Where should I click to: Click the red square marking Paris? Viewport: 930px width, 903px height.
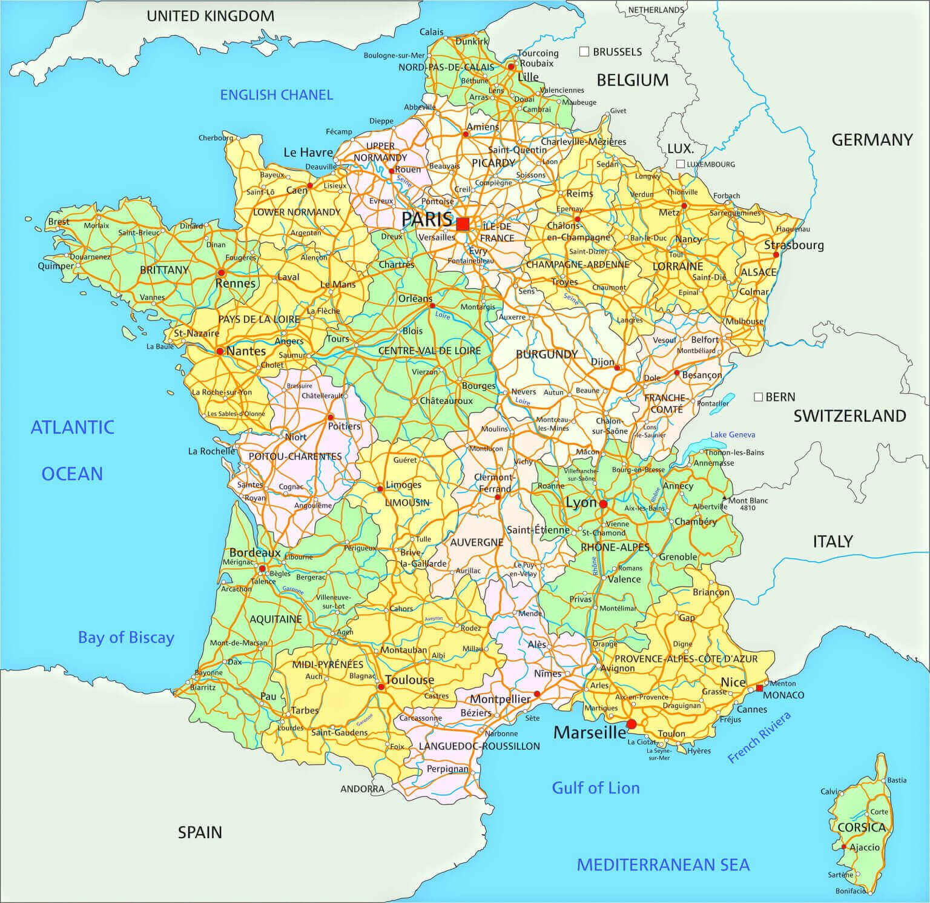[463, 224]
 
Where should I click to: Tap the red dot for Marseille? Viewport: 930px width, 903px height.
[632, 724]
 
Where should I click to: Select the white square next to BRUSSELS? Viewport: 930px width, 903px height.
[584, 51]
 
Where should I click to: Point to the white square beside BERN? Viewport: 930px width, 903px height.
[758, 397]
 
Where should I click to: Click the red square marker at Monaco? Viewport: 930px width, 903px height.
[759, 687]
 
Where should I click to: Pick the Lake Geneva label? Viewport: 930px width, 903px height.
[733, 434]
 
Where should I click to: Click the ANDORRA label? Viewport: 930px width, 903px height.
[362, 789]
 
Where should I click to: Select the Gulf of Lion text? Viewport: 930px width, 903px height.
[595, 788]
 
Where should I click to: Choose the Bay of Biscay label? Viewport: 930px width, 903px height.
[126, 637]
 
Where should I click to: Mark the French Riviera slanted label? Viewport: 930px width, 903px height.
[759, 738]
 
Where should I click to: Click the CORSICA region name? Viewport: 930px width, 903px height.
[862, 827]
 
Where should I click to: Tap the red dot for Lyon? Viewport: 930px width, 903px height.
[603, 503]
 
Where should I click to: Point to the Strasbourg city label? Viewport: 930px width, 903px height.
[794, 245]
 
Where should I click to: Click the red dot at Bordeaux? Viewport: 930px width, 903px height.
[262, 569]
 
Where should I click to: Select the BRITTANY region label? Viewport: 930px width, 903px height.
[165, 270]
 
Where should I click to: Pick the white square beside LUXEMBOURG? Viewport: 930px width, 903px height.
[681, 164]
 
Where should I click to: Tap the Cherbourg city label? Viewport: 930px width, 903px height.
[216, 137]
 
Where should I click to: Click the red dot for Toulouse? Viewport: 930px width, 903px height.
[381, 687]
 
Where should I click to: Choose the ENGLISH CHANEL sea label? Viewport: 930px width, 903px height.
[276, 94]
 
